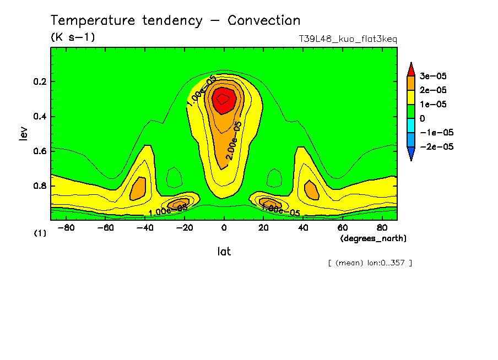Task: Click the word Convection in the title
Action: tap(264, 21)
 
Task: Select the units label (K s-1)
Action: tap(73, 37)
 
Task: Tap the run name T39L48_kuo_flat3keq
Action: tap(348, 39)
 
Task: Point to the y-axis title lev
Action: tap(23, 133)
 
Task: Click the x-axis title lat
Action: tap(224, 252)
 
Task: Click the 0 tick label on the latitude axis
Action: tap(224, 227)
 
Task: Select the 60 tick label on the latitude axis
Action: tap(342, 227)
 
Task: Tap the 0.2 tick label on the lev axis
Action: tap(41, 82)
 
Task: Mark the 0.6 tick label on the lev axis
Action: tap(41, 151)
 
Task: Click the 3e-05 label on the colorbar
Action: tap(434, 76)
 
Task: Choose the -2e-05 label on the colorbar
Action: tap(436, 146)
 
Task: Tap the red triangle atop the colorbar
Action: tap(410, 69)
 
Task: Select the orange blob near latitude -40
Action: tap(138, 189)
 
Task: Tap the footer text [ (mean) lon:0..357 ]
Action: tap(370, 263)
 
